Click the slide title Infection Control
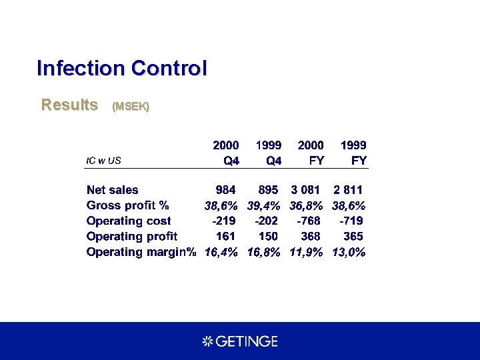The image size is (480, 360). tap(122, 68)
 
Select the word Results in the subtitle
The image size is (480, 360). tap(69, 105)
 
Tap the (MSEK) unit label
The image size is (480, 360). tap(131, 106)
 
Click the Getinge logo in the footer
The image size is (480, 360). tap(240, 341)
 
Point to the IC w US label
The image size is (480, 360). tap(104, 160)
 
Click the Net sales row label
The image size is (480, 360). tap(113, 190)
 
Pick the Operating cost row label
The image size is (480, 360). tap(129, 221)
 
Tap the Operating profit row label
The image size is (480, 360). tap(132, 236)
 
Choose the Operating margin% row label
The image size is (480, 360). tap(141, 252)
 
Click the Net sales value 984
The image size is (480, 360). tap(225, 190)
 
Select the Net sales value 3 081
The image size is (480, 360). tap(307, 190)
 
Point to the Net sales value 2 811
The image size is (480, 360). tap(348, 190)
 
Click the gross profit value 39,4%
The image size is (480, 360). tap(263, 205)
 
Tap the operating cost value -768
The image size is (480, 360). tap(308, 221)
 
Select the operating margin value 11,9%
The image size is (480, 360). tap(307, 252)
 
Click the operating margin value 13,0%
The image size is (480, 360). tap(349, 252)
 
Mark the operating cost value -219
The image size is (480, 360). tap(224, 221)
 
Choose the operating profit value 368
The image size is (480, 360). tap(310, 236)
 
